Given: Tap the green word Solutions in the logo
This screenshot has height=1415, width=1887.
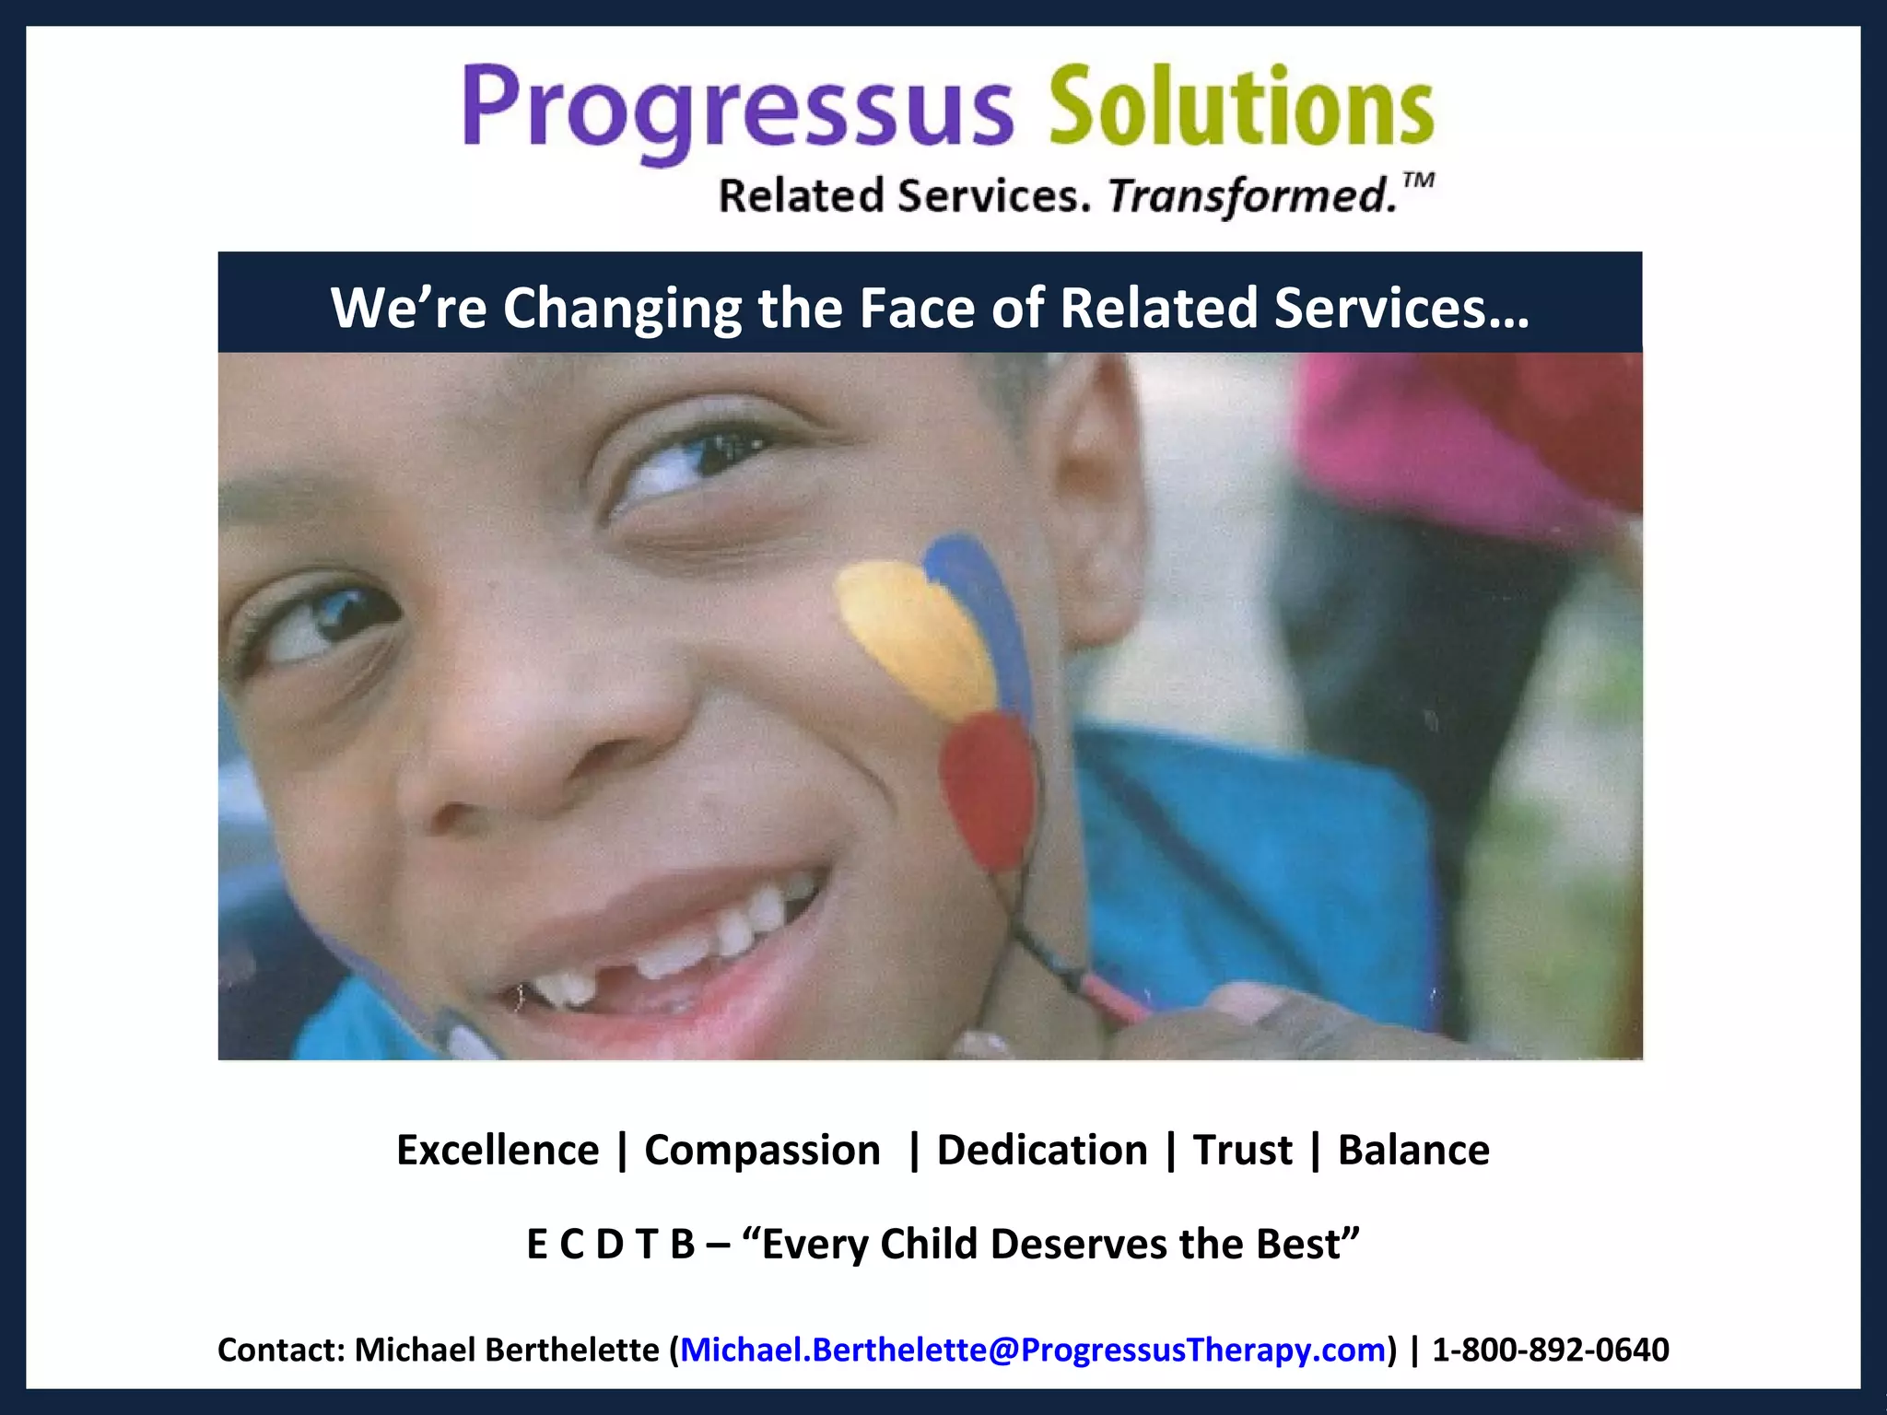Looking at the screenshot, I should coord(1240,106).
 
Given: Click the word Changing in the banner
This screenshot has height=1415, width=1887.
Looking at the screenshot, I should coord(622,310).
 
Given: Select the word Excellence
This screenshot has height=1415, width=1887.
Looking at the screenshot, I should coord(498,1151).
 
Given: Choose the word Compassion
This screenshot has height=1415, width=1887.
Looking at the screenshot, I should coord(762,1151).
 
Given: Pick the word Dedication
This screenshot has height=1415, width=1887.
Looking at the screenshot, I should coord(1042,1151).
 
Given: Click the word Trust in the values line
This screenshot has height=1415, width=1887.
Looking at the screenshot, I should coord(1242,1151).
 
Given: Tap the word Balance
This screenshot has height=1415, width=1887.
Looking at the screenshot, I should coord(1412,1151).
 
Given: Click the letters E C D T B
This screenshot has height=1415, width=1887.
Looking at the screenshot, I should coord(610,1245).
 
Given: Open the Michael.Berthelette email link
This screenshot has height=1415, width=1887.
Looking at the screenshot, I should coord(1032,1350).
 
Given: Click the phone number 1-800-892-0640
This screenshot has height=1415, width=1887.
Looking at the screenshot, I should coord(1550,1350).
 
